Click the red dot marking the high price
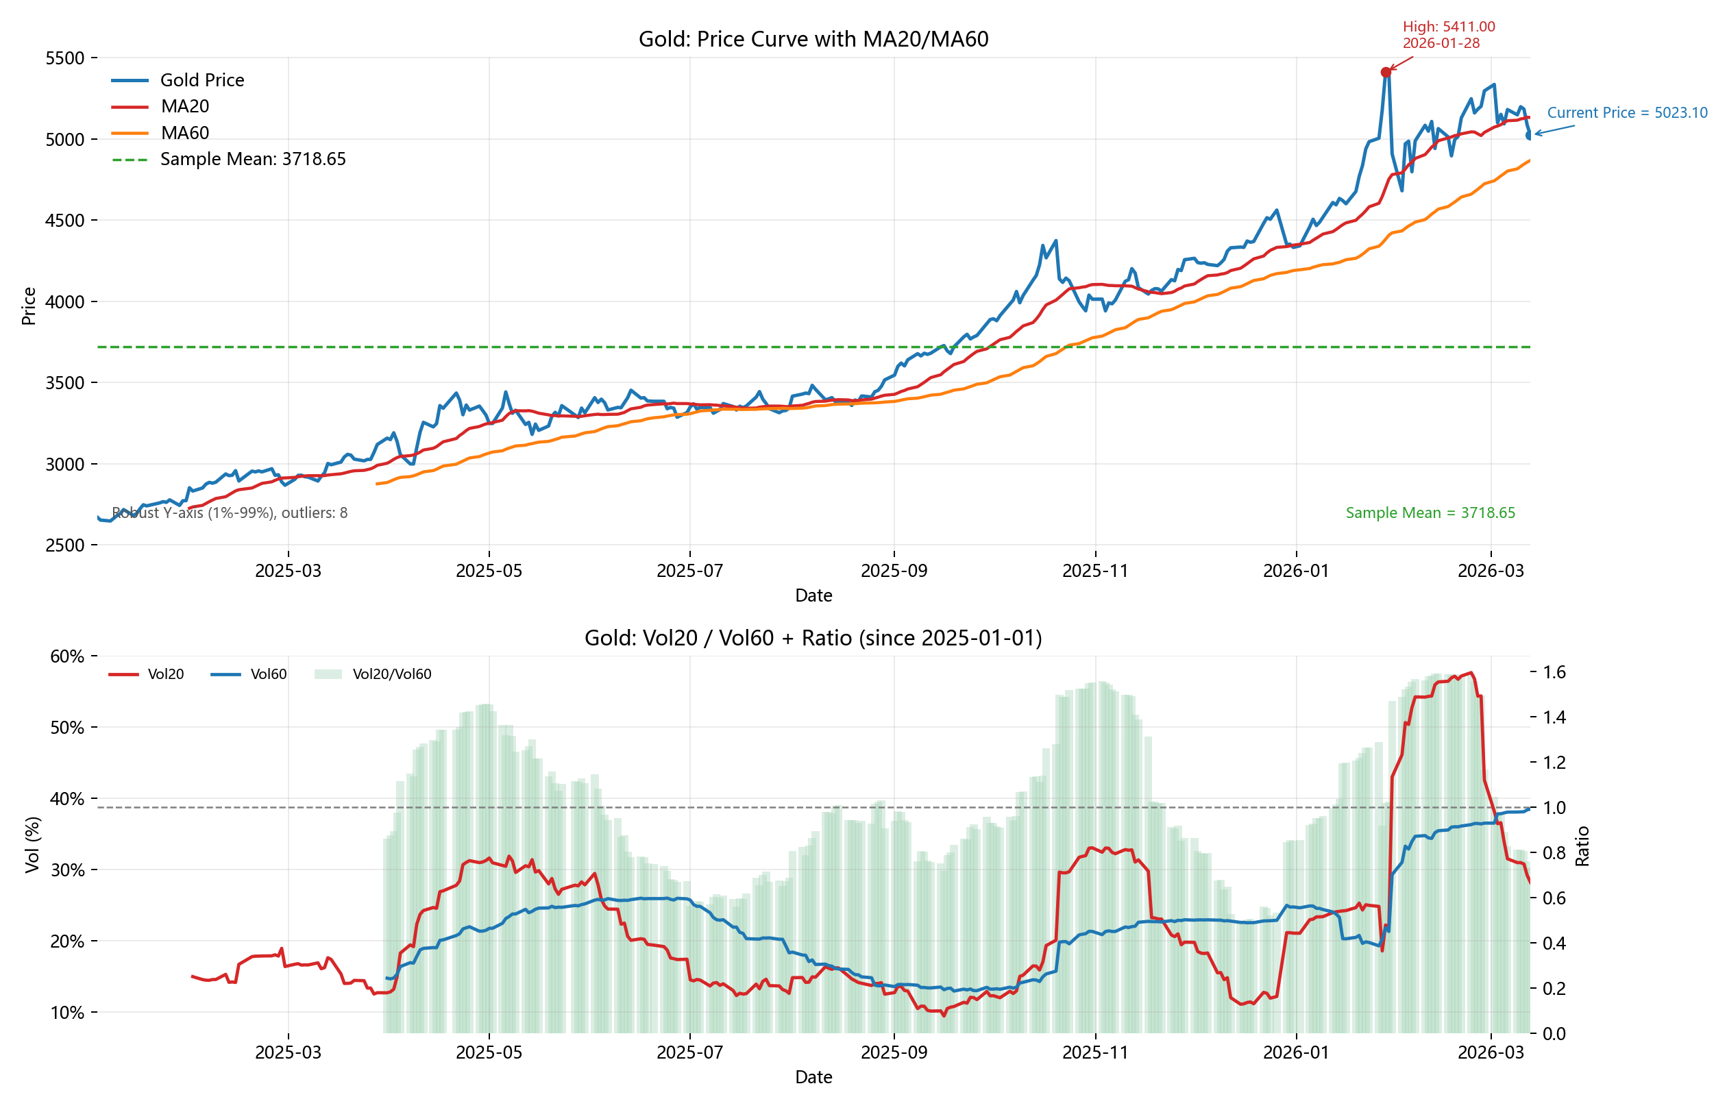click(x=1385, y=72)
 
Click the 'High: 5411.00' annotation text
click(x=1448, y=27)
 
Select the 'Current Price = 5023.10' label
click(x=1627, y=112)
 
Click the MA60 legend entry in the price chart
click(x=184, y=133)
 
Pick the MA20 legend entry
click(x=184, y=106)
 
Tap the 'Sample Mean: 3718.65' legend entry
click(x=252, y=158)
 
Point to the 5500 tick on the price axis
click(x=65, y=58)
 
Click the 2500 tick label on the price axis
click(x=65, y=545)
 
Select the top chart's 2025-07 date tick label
click(x=690, y=571)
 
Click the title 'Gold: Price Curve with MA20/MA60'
click(x=813, y=39)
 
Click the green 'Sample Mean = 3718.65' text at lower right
click(x=1430, y=513)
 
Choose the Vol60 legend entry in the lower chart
click(x=268, y=674)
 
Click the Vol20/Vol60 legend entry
click(x=391, y=674)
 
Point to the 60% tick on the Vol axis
click(x=67, y=656)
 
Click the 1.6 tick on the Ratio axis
click(x=1554, y=672)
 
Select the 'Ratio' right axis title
click(x=1582, y=846)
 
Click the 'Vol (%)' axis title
click(x=32, y=845)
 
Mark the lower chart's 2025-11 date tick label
click(x=1095, y=1052)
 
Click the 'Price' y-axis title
click(x=29, y=306)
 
